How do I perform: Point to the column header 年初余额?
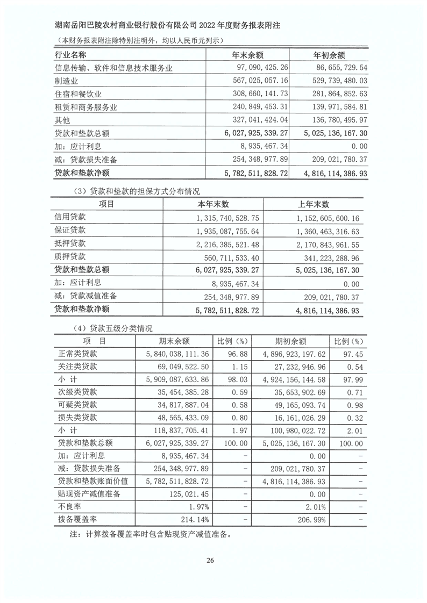tap(329, 55)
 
